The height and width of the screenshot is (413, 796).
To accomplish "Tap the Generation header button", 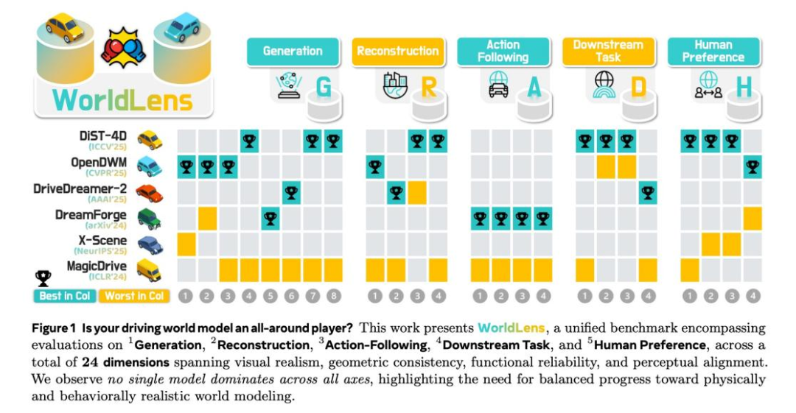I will tap(293, 51).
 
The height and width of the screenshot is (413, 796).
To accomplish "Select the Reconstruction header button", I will tap(398, 51).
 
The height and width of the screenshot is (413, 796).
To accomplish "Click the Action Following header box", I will tap(503, 51).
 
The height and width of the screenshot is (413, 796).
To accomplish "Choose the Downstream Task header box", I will tap(608, 51).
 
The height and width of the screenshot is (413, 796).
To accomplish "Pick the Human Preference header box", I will tap(713, 51).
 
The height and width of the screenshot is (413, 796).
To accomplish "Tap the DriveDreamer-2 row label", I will tap(85, 189).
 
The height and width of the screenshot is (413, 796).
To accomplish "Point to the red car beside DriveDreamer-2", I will tap(150, 193).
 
